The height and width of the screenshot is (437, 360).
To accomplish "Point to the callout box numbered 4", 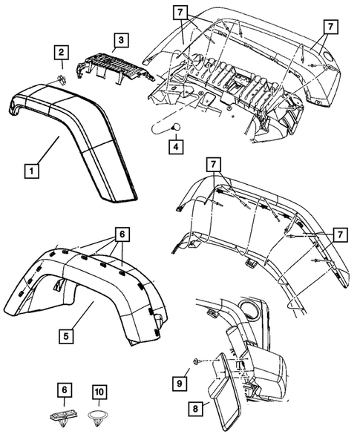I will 174,147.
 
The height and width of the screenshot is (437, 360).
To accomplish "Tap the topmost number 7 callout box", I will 180,13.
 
